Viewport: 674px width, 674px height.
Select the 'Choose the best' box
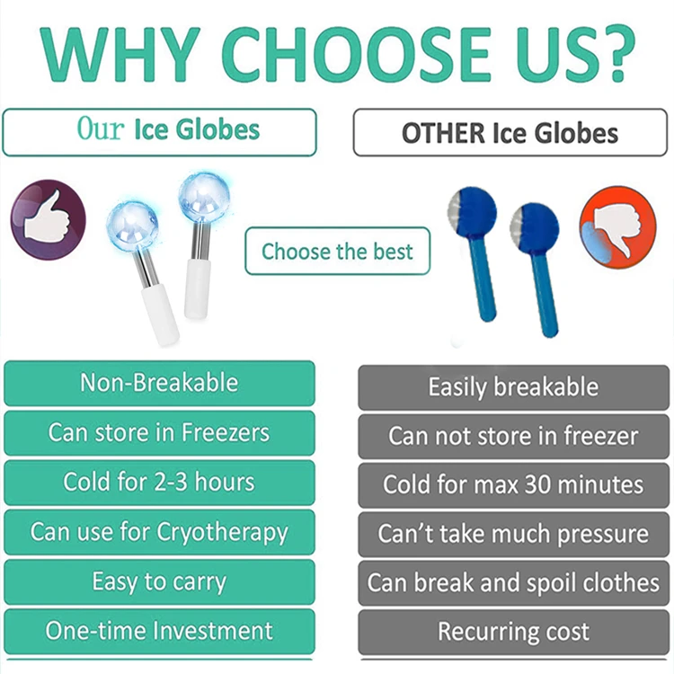tap(337, 251)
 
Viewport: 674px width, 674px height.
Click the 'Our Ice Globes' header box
tap(160, 132)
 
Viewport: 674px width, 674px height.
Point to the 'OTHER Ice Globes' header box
tap(510, 134)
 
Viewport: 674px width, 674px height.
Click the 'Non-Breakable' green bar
tap(160, 383)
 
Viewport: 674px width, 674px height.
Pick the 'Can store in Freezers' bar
tap(160, 432)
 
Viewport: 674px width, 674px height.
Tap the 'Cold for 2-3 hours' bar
tap(160, 482)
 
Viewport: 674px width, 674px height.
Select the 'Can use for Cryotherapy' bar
tap(160, 532)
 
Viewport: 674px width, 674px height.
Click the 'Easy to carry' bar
tap(160, 581)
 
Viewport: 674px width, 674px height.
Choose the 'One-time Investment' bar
tap(160, 631)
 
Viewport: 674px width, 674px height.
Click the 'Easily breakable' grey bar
tap(513, 387)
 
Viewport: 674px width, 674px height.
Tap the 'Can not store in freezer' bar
tap(513, 437)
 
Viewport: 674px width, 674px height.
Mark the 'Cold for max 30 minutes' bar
tap(513, 485)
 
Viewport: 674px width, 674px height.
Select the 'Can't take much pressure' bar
tap(513, 534)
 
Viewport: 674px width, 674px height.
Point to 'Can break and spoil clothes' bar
tap(513, 582)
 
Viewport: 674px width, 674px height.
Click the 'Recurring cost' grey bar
tap(513, 632)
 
